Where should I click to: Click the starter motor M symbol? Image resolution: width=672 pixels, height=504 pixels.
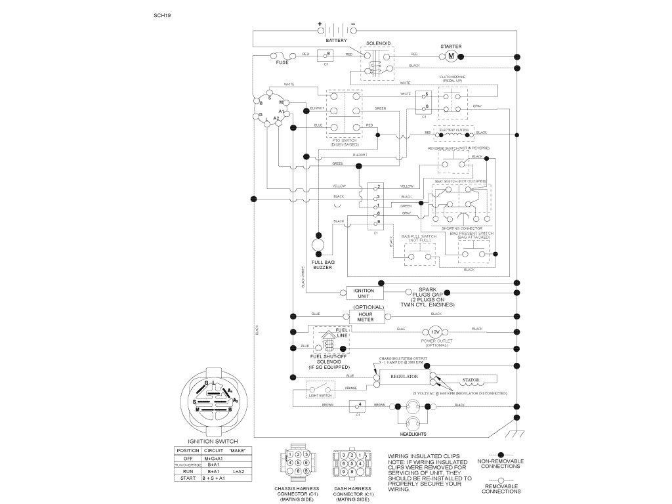tap(451, 57)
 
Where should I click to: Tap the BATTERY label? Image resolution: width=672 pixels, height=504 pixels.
tap(336, 41)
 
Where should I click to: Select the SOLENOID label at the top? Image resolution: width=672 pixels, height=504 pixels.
tap(379, 43)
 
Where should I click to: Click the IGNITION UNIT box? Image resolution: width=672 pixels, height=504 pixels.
tap(364, 293)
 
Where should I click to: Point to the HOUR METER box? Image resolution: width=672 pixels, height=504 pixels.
tap(365, 317)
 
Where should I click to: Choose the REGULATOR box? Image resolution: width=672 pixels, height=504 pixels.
tap(404, 377)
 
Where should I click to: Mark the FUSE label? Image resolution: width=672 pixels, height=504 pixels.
tap(282, 62)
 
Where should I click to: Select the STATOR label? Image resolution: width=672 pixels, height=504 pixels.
tap(471, 379)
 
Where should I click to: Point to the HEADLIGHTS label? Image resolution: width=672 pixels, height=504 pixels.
tap(413, 434)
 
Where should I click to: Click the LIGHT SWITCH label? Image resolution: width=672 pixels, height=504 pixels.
tap(319, 396)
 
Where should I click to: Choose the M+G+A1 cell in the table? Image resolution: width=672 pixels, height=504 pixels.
tap(215, 458)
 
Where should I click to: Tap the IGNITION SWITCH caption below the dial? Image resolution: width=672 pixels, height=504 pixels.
tap(213, 442)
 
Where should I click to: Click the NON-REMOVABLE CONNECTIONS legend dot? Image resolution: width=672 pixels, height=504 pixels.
tap(501, 453)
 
